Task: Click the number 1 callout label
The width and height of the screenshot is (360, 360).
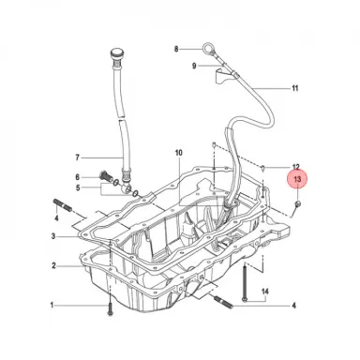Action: (52, 305)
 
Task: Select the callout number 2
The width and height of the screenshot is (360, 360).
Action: (53, 266)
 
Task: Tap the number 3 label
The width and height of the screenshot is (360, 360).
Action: (53, 236)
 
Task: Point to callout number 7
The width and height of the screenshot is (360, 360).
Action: (78, 157)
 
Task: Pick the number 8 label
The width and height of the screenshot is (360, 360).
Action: (176, 49)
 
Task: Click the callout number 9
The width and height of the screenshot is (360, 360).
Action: (194, 66)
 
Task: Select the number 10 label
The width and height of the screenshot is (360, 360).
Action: (178, 153)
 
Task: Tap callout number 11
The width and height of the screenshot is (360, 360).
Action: (295, 88)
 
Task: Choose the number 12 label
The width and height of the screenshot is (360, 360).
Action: (295, 167)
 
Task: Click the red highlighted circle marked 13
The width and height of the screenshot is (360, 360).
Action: (297, 180)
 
